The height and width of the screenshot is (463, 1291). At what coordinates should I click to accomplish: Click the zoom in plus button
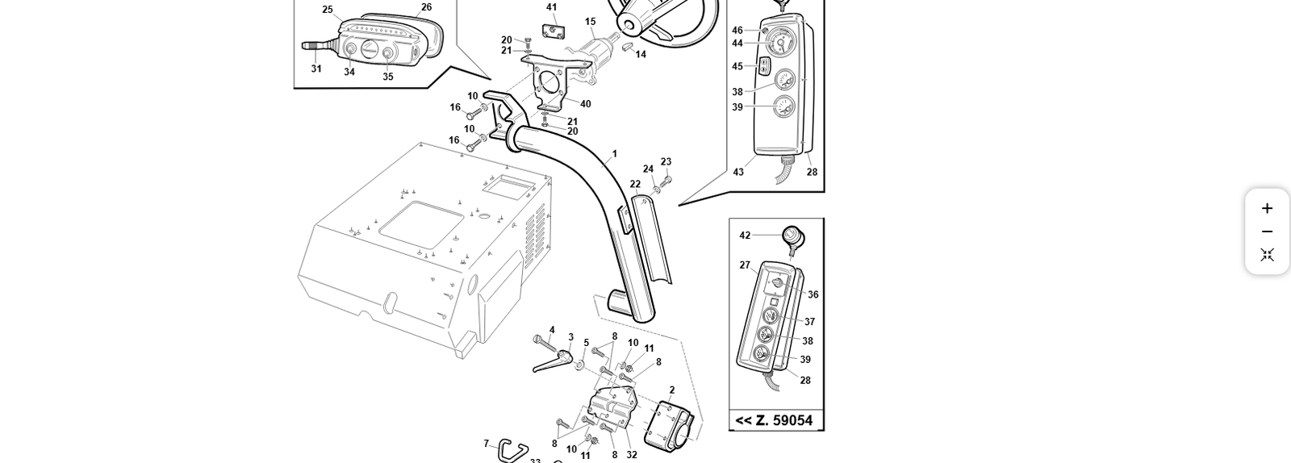coord(1267,208)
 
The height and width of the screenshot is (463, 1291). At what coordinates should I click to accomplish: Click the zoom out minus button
coord(1267,231)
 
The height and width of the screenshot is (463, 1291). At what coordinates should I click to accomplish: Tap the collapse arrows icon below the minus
coord(1267,255)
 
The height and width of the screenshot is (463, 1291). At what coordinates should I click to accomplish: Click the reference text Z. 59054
coord(775,420)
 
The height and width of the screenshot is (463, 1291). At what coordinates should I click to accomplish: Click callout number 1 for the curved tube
coord(614,154)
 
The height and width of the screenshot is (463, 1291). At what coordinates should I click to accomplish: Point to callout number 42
coord(745,236)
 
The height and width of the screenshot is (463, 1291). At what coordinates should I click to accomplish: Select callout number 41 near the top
coord(552,7)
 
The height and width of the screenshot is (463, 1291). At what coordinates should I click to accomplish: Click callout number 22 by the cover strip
coord(635,184)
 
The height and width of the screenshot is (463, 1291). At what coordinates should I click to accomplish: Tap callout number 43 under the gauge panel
coord(738,172)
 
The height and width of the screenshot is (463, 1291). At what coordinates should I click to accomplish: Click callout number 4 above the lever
coord(552,330)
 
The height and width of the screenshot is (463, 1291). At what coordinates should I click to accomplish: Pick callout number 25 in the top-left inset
coord(328,10)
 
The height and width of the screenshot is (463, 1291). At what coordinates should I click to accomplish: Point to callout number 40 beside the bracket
coord(585,104)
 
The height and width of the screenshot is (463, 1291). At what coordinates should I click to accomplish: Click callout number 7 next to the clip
coord(487,444)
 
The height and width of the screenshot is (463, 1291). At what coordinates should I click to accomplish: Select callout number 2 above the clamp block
coord(672,390)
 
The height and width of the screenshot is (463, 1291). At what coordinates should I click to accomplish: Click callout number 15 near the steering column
coord(591,23)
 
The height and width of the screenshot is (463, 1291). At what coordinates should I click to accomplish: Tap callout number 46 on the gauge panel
coord(737,31)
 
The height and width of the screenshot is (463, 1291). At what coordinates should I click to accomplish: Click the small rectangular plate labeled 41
coord(552,31)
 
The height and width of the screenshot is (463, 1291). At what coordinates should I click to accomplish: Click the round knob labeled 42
coord(792,236)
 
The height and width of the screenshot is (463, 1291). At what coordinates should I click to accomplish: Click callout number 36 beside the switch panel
coord(813,294)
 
